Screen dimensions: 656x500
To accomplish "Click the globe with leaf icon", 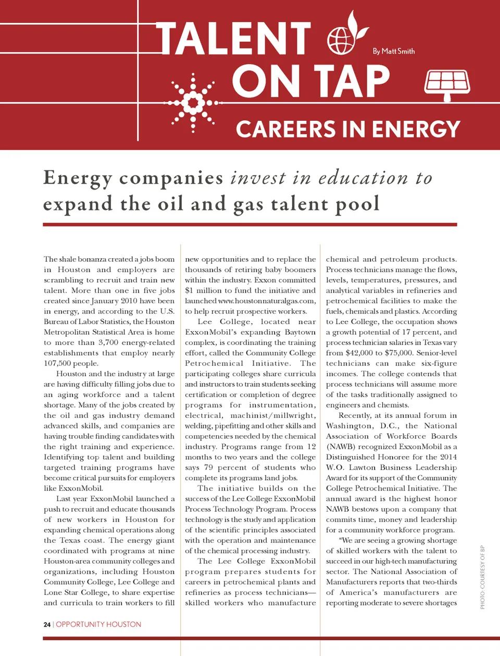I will (x=345, y=35).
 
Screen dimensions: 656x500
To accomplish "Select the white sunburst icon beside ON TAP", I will (x=194, y=102).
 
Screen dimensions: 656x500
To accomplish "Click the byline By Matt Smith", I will (x=394, y=51).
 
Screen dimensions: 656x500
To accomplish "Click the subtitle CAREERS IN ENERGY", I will (x=348, y=129).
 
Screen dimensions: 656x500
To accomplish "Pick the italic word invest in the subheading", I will (x=258, y=178).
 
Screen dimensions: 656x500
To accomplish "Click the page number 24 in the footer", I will (x=47, y=624).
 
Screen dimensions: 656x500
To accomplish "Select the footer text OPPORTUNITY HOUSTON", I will (x=98, y=624).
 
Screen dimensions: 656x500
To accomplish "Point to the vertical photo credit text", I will (x=482, y=577).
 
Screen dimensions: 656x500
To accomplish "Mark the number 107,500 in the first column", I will (x=57, y=363).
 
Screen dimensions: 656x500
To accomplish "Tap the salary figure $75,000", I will (x=396, y=353).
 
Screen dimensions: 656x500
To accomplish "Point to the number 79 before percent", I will (x=208, y=468).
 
